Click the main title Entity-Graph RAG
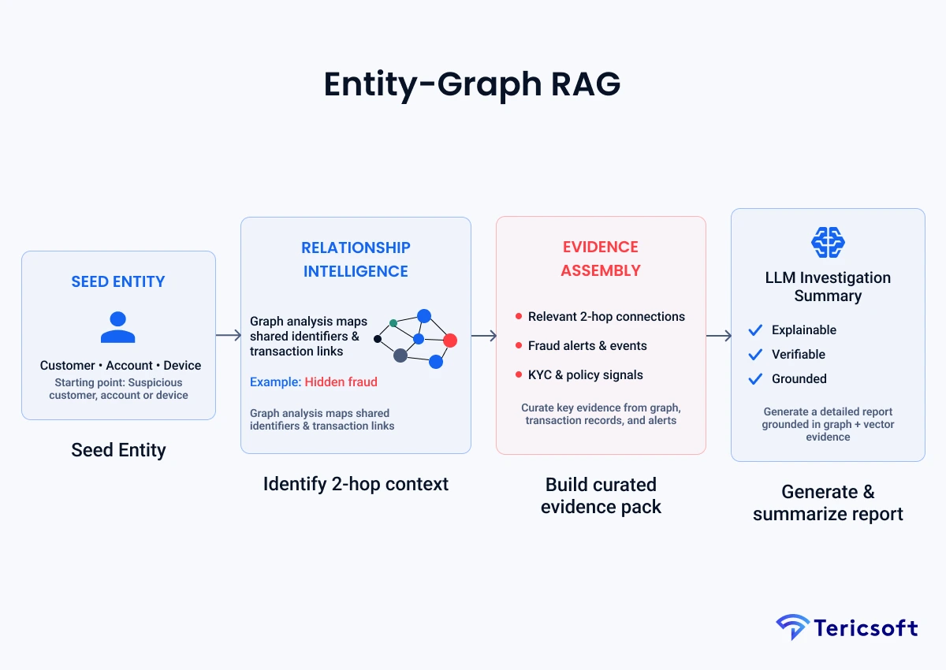(472, 84)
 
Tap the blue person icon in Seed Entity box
(118, 327)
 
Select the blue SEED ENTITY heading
(118, 282)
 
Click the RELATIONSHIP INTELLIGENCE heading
(356, 259)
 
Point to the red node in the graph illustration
(450, 341)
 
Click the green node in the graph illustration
(393, 323)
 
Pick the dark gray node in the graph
(400, 355)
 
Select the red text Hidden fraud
(341, 382)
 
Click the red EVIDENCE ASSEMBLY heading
(601, 259)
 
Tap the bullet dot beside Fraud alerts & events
(519, 346)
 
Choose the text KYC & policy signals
(585, 375)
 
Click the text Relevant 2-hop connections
(606, 317)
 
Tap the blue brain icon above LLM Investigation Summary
(828, 242)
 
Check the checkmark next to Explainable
(755, 330)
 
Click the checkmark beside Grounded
(755, 379)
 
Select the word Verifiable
(799, 355)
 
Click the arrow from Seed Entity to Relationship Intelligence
(228, 336)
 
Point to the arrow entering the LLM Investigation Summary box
(718, 337)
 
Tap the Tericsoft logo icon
(792, 627)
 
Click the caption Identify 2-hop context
(356, 484)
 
